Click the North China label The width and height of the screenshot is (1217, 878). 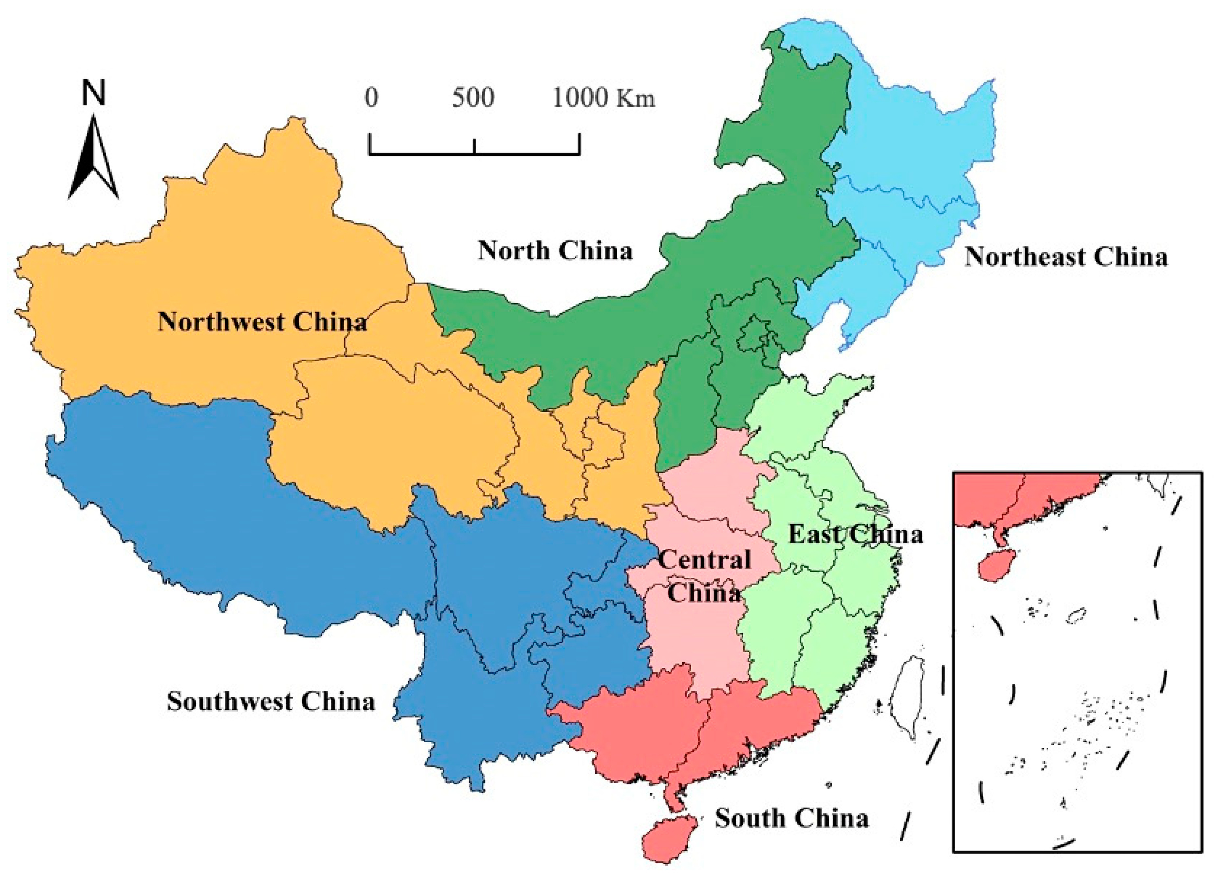[x=555, y=251]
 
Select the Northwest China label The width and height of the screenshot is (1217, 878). [x=262, y=322]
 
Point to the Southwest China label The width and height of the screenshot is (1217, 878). [x=271, y=701]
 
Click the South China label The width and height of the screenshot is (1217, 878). [x=792, y=819]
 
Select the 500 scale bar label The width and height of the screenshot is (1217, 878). [x=473, y=98]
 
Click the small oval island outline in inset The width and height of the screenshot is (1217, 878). [x=1076, y=615]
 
